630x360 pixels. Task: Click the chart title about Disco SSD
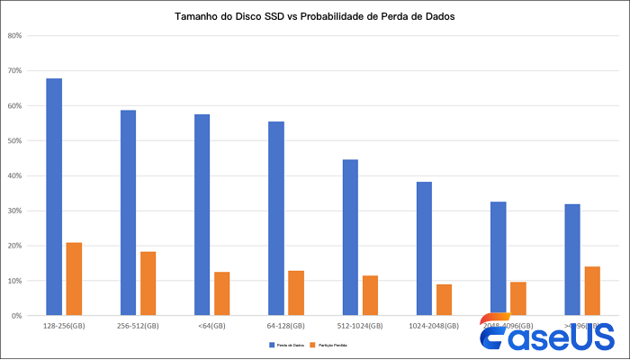[x=314, y=17]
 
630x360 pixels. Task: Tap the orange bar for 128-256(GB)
[x=74, y=279]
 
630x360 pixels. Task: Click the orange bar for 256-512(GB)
[x=148, y=283]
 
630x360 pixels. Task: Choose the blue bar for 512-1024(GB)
[x=350, y=237]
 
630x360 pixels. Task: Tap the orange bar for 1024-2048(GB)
[x=444, y=300]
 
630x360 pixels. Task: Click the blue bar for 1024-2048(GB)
[x=424, y=248]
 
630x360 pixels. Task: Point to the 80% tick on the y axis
[x=14, y=36]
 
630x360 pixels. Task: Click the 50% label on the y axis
[x=14, y=141]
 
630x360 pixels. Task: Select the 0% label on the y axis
[x=16, y=316]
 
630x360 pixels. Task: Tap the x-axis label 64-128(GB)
[x=286, y=326]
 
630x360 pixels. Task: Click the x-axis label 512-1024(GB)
[x=360, y=326]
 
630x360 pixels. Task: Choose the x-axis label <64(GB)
[x=211, y=326]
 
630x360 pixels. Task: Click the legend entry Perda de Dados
[x=285, y=345]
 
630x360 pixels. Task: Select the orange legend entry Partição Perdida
[x=329, y=345]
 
